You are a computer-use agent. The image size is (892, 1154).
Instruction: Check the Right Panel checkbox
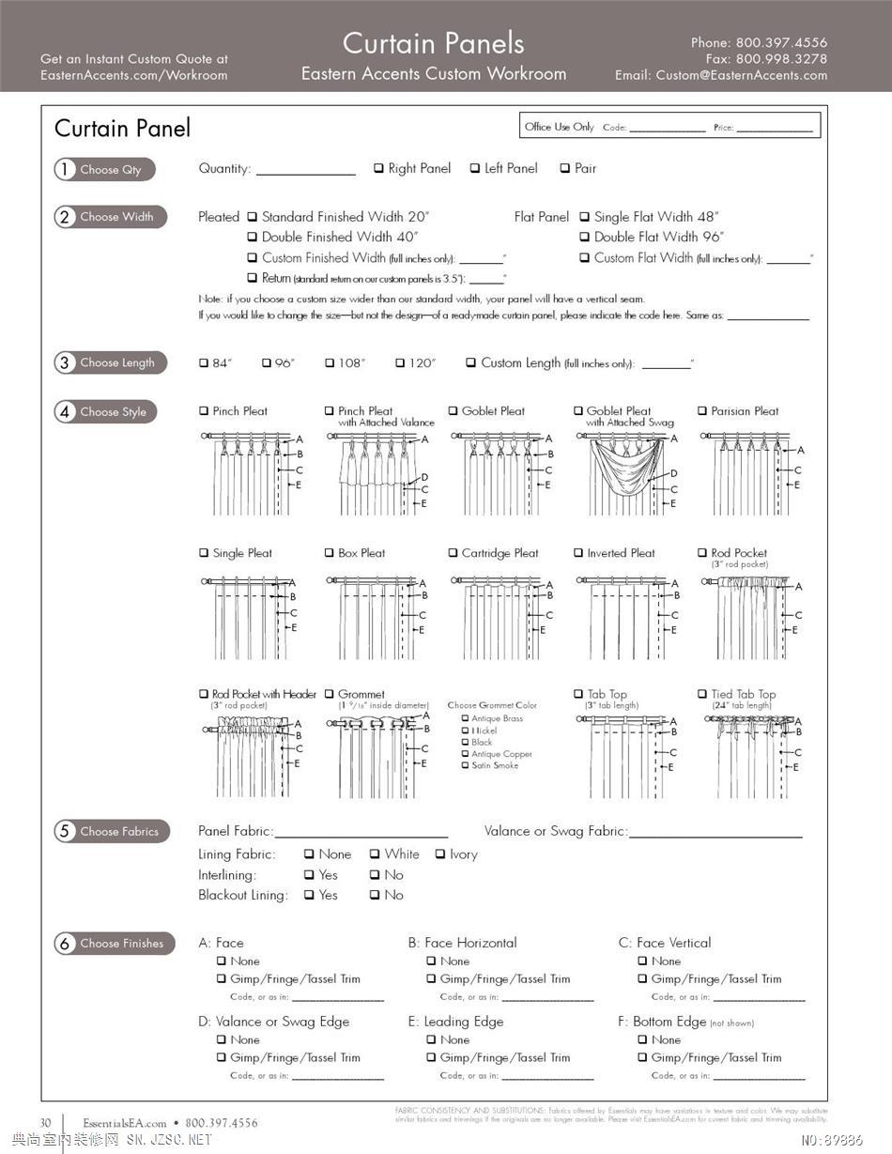[x=378, y=169]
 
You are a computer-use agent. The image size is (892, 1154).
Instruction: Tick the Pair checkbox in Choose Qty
[x=565, y=169]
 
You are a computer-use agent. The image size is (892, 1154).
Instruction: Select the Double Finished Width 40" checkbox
[x=252, y=238]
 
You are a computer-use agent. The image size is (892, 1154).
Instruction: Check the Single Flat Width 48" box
[x=584, y=217]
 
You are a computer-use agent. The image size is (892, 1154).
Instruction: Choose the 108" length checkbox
[x=330, y=363]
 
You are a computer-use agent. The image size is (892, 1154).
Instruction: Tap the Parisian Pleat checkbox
[x=702, y=411]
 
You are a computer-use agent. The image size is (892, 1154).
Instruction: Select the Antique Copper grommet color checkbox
[x=465, y=754]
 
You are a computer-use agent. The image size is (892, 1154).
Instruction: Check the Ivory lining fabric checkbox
[x=440, y=854]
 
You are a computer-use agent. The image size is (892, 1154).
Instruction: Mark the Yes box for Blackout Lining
[x=309, y=896]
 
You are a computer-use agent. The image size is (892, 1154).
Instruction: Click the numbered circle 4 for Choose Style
[x=65, y=412]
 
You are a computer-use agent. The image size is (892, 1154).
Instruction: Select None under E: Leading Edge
[x=431, y=1040]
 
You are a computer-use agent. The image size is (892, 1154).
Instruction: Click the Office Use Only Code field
[x=667, y=128]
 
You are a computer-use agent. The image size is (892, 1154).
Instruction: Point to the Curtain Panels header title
[x=433, y=43]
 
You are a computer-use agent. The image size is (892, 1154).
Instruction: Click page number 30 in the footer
[x=45, y=1123]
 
